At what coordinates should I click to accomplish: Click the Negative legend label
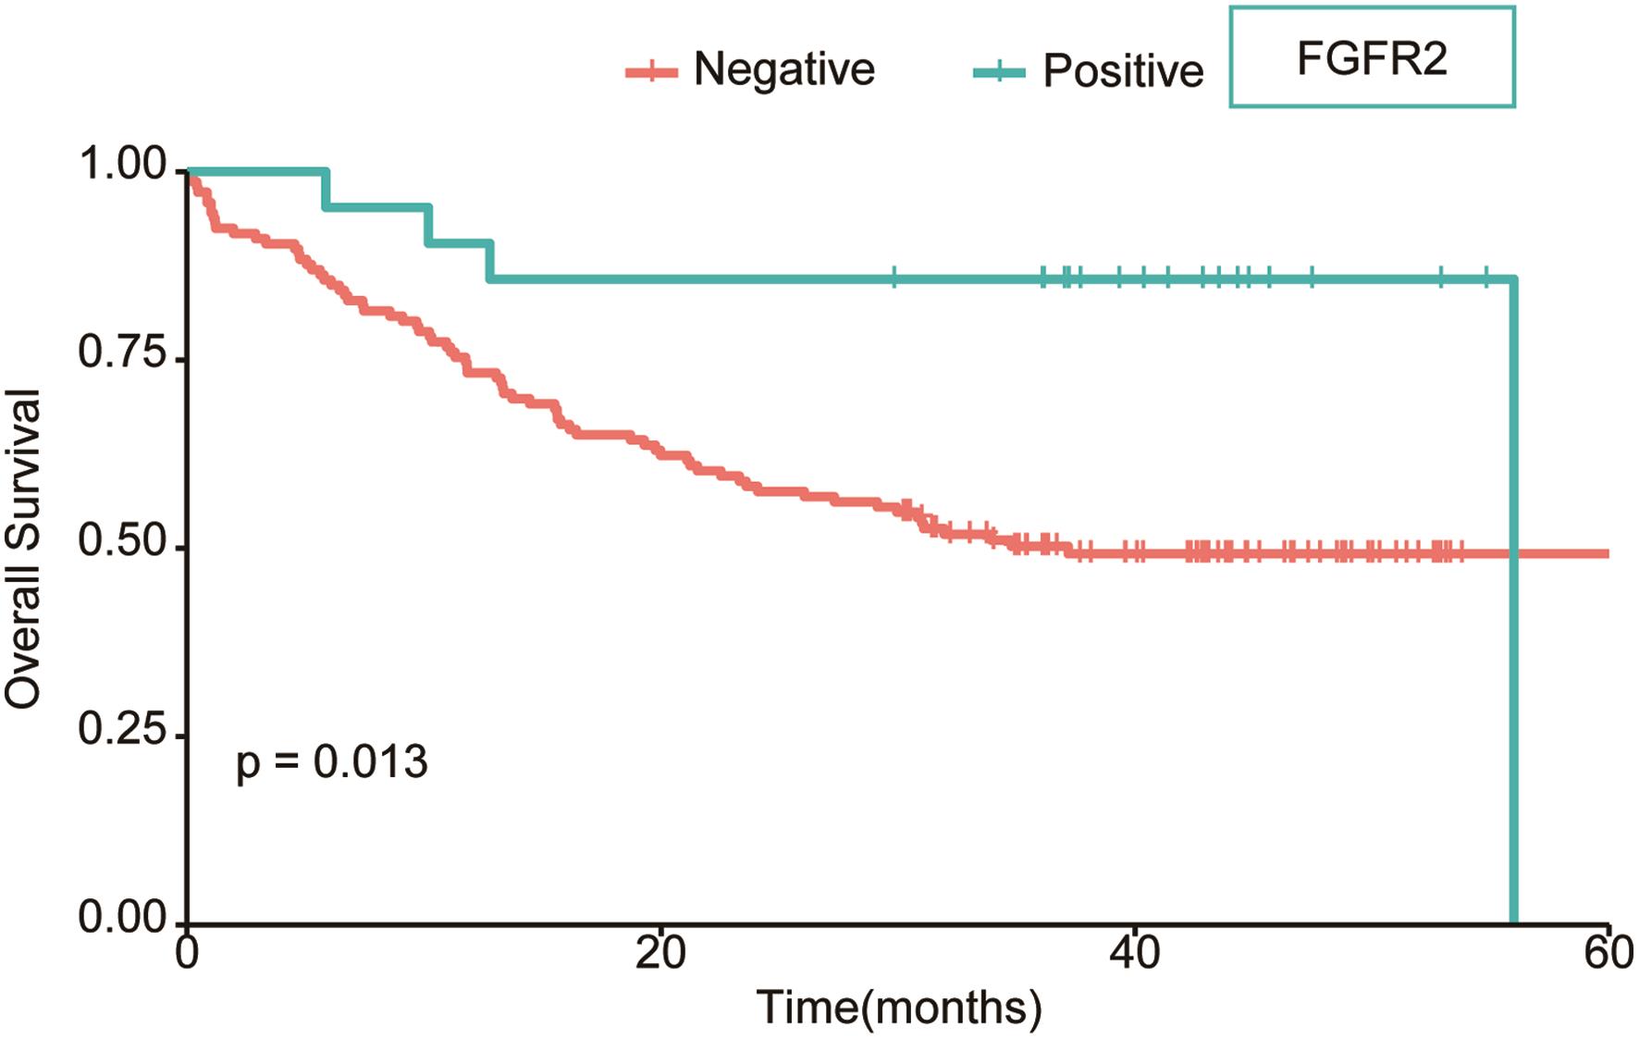click(783, 69)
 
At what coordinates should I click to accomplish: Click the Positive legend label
click(1123, 71)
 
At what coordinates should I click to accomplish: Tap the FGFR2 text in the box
click(1371, 59)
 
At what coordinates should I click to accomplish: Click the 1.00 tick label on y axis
click(122, 167)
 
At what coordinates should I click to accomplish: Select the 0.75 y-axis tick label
click(122, 354)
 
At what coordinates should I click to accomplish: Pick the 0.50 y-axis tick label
click(122, 543)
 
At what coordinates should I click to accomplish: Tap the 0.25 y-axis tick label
click(122, 731)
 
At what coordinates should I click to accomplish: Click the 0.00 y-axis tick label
click(122, 919)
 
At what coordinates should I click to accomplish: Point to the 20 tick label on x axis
click(660, 954)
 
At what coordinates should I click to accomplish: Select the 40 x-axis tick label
click(1135, 954)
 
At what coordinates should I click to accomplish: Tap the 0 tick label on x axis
click(188, 954)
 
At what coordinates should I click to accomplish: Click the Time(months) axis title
click(898, 1008)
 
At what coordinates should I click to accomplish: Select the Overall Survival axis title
click(23, 549)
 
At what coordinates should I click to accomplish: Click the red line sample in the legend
click(651, 72)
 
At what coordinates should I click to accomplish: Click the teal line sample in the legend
click(999, 72)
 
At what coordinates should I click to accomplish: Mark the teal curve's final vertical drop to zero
click(1513, 601)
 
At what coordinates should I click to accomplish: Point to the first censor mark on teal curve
click(893, 278)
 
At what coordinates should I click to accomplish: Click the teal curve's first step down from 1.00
click(326, 189)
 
